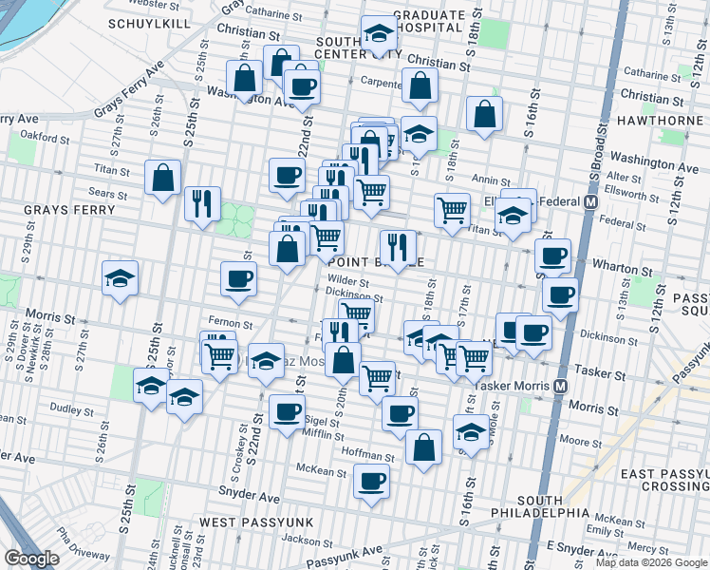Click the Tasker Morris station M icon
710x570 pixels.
point(561,386)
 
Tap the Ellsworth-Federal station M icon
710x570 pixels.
point(590,202)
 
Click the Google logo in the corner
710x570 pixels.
point(31,559)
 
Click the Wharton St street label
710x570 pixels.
point(622,268)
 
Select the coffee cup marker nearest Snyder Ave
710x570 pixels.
point(371,480)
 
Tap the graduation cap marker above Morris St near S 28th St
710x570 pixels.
point(121,278)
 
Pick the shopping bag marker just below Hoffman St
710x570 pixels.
point(423,447)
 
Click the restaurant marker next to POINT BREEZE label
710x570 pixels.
point(398,248)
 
